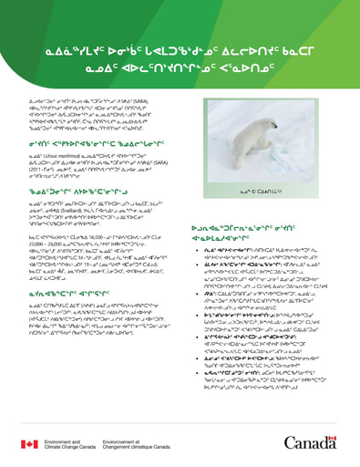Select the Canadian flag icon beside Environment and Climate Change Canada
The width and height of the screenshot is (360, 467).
(x=30, y=443)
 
